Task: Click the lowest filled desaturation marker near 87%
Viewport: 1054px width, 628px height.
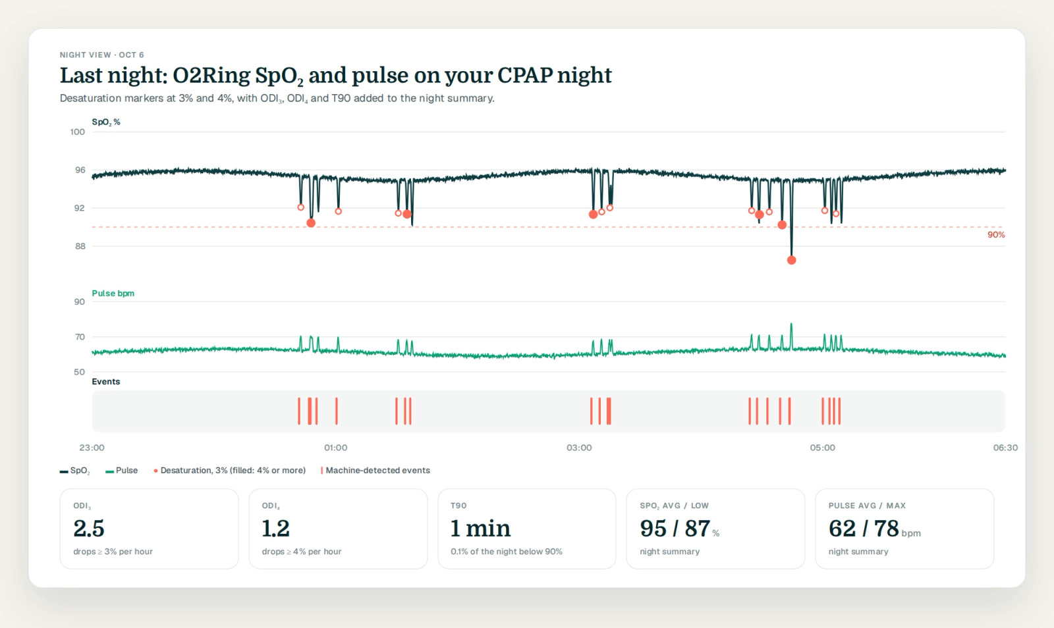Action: click(791, 260)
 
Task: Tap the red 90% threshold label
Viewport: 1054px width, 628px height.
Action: click(995, 234)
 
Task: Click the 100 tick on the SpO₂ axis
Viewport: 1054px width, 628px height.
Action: click(77, 132)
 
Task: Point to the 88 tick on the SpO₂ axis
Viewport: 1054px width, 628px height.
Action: click(80, 246)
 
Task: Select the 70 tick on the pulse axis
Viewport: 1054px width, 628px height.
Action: click(80, 336)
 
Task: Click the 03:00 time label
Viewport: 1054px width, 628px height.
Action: click(579, 448)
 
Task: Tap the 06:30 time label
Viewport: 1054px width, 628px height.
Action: click(1005, 448)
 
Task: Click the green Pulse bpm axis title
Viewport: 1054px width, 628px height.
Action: click(113, 294)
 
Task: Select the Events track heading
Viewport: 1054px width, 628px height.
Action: click(106, 381)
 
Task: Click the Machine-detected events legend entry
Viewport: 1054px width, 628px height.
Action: click(375, 470)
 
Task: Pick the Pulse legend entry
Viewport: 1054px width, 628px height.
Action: click(122, 470)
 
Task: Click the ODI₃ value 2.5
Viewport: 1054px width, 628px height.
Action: click(89, 529)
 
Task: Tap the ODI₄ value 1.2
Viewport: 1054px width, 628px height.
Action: click(276, 529)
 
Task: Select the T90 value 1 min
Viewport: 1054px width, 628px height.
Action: click(480, 529)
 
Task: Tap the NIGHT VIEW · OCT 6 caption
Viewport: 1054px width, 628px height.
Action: click(101, 55)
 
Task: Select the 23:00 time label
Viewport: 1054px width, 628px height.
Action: click(92, 448)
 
